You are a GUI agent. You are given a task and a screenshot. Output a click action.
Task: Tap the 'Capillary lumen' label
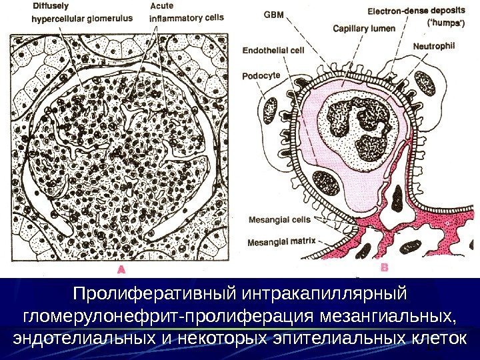click(x=363, y=29)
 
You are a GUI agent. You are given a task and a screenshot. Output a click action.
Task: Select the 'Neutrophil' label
click(x=434, y=47)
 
